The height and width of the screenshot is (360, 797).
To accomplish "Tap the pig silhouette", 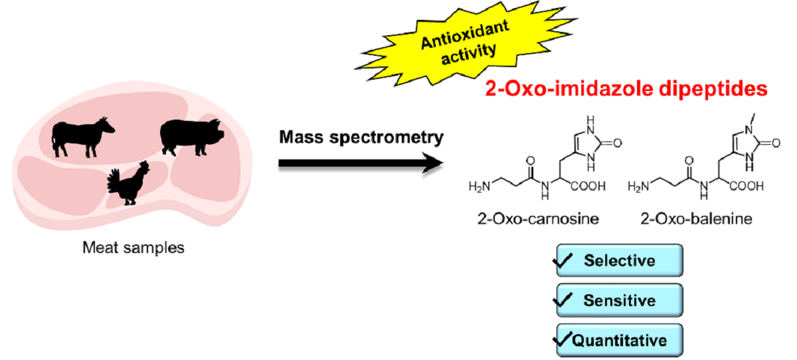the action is coord(191,137).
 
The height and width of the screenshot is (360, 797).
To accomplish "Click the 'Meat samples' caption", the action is coord(133,248).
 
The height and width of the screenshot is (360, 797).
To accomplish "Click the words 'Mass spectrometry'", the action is coord(361,137).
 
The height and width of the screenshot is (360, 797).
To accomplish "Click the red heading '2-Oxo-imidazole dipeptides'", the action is coord(626,89).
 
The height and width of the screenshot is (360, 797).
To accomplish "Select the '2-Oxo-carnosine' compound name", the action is coord(538,219).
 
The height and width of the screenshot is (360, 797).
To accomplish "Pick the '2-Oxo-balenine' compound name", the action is coord(696,219).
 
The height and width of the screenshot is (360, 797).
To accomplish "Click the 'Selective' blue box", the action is coord(620,260).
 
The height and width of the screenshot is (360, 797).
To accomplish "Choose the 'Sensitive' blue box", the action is coord(620,300).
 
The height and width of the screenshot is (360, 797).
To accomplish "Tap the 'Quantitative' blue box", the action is coord(620,341).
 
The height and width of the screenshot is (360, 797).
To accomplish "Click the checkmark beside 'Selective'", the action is coord(563,260).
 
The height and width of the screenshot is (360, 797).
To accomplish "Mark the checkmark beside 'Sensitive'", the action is coord(563,300).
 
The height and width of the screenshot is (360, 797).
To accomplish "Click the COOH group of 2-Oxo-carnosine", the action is coord(588,186).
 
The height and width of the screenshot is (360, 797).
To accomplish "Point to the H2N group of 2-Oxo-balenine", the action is coord(638,187).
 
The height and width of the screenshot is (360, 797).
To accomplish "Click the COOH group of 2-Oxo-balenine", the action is coord(747,186).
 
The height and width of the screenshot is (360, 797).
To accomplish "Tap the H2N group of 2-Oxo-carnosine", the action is coord(480,187).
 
